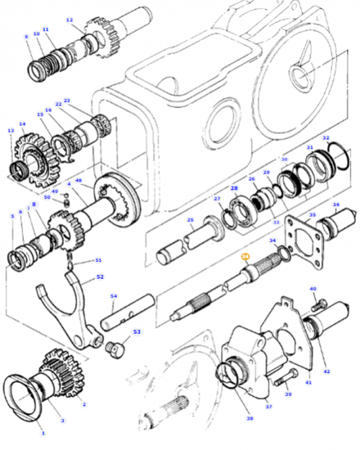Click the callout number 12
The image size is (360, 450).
tap(70, 20)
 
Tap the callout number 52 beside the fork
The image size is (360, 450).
tap(100, 277)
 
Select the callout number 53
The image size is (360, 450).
tap(136, 332)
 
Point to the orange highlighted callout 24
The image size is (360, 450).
tap(245, 257)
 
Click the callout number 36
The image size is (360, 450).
tap(336, 205)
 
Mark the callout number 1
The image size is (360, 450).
tap(43, 432)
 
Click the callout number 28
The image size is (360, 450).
tap(234, 188)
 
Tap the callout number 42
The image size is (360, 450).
tap(327, 371)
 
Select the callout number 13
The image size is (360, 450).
tap(11, 131)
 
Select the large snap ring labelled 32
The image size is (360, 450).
tap(337, 156)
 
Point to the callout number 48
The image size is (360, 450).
tap(79, 181)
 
